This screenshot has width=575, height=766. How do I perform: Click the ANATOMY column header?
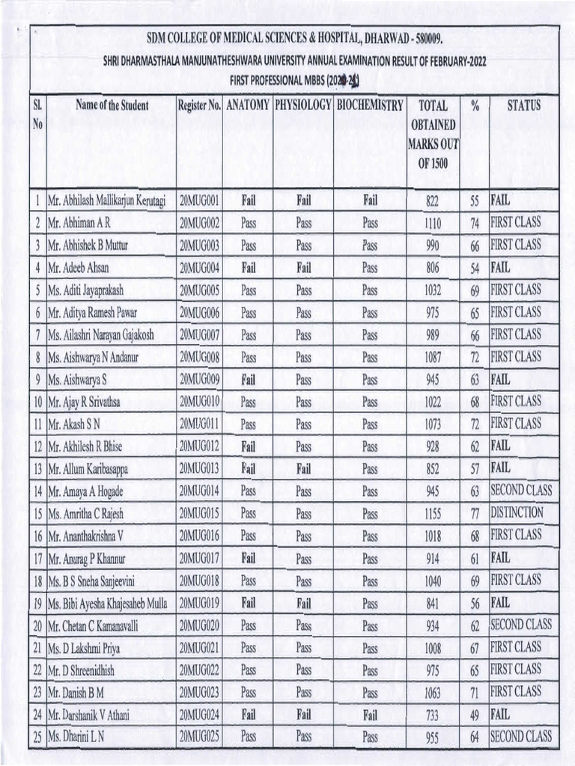pos(248,106)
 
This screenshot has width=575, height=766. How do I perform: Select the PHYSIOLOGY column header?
pos(302,106)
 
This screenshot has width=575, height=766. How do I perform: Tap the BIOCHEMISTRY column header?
pos(370,106)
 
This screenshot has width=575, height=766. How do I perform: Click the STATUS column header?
pos(523,106)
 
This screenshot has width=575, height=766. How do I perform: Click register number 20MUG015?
pos(199,513)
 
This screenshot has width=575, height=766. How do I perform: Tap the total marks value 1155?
pos(433,514)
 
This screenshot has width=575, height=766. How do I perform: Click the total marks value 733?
pos(433,715)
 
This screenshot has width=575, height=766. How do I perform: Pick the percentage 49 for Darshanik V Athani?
pos(474,715)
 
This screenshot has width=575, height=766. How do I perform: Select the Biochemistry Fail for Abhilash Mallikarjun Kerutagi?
pos(370,200)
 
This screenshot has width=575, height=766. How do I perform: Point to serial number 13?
pos(37,469)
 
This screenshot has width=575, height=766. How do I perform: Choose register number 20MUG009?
pos(199,379)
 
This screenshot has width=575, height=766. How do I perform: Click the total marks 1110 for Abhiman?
pos(433,223)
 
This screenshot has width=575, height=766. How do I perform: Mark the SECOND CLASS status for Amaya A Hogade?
pos(520,490)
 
